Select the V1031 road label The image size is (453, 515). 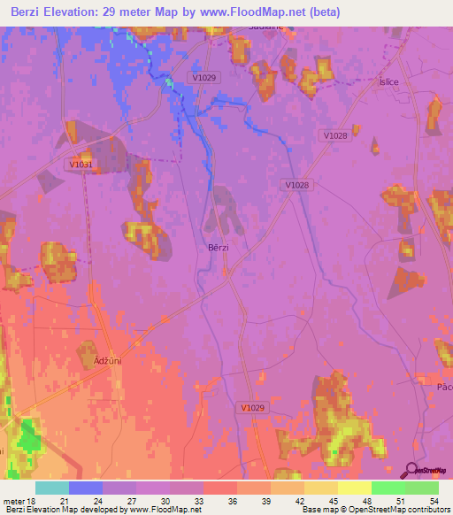pos(80,164)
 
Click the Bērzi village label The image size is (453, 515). pos(218,248)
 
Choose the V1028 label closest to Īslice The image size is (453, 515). pos(335,135)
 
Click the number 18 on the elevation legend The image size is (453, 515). pos(32,499)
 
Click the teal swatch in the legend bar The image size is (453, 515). pos(52,488)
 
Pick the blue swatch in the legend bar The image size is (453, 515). pos(86,488)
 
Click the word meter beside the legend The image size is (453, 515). pos(13,499)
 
